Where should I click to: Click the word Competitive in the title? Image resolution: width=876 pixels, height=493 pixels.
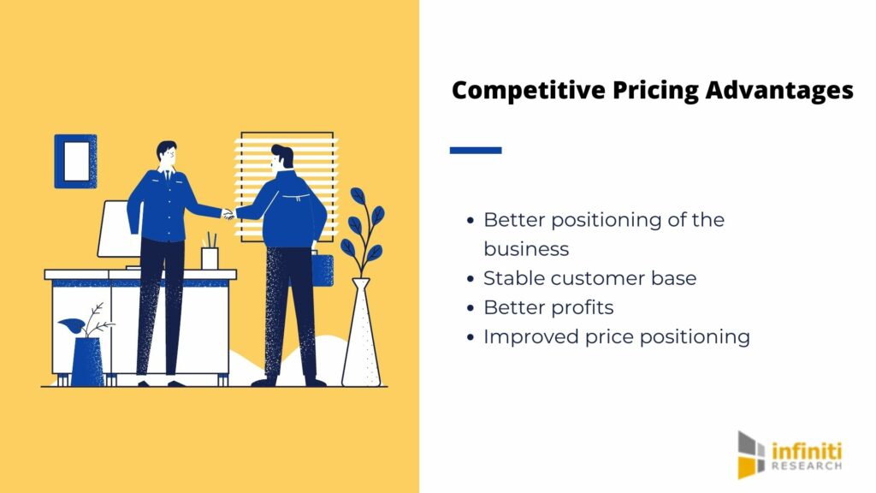(x=528, y=91)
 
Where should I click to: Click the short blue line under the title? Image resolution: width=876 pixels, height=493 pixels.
(x=476, y=150)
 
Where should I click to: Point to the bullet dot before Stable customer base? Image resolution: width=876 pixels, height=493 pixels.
(x=471, y=279)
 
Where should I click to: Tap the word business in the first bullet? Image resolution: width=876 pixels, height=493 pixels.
(x=526, y=249)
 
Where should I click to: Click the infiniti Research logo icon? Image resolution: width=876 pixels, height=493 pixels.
(x=750, y=454)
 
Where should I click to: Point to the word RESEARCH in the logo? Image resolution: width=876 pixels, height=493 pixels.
(x=806, y=466)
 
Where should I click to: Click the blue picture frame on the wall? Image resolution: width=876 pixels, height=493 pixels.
(x=75, y=161)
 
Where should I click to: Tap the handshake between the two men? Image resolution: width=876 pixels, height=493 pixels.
(x=228, y=213)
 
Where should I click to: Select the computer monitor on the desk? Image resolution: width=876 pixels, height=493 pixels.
(x=118, y=230)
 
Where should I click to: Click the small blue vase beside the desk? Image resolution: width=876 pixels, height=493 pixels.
(x=88, y=361)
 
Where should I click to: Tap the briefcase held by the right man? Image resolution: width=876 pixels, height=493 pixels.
(x=323, y=270)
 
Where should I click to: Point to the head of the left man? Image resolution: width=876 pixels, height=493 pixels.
(x=167, y=154)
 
